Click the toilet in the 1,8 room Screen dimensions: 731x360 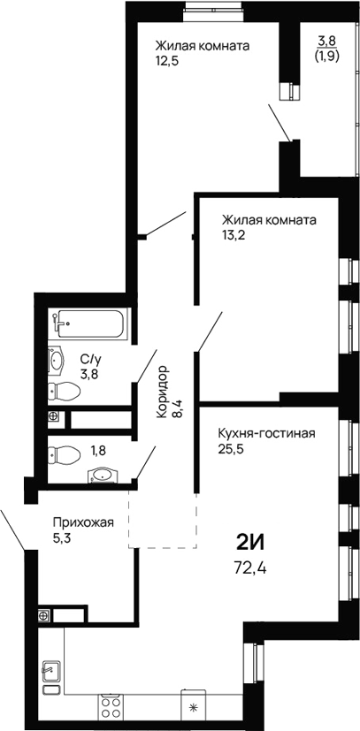[62, 455]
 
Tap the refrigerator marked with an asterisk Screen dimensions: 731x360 [195, 706]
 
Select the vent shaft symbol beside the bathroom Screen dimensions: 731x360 [54, 416]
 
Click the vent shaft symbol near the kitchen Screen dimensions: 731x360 [42, 614]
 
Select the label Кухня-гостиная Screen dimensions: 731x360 [265, 433]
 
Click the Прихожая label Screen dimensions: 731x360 [83, 522]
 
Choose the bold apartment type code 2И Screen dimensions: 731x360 [251, 541]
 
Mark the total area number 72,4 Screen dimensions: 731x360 [250, 567]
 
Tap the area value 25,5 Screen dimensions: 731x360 [232, 448]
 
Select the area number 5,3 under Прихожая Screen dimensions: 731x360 [62, 537]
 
